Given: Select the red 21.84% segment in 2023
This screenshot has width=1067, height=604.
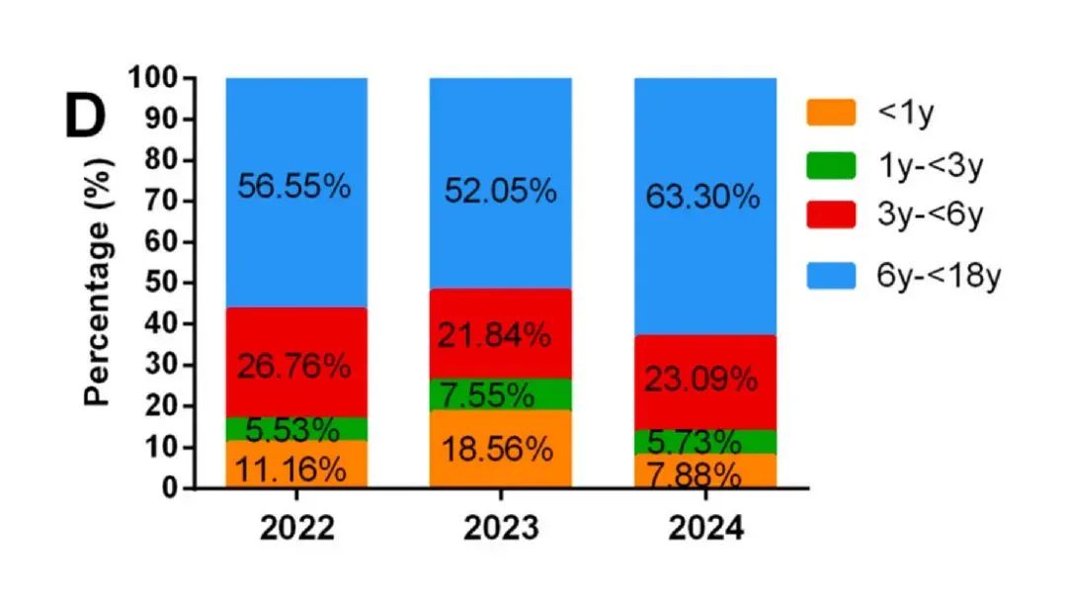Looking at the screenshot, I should coord(500,334).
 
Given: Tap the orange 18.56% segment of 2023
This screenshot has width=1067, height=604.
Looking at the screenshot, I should coord(500,450).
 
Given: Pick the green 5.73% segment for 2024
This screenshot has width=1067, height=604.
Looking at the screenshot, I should coord(704,441).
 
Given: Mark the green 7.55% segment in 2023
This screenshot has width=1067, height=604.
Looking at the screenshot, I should coord(500,394).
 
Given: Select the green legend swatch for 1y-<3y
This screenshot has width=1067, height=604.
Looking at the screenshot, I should coord(830,166).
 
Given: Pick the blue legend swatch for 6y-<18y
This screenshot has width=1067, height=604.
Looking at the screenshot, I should coord(830,276).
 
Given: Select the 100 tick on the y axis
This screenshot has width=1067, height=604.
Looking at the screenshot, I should coord(154,78).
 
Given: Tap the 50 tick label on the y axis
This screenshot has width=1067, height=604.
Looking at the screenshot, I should coord(161,283).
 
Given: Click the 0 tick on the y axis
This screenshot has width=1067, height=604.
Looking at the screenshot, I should coord(171,488).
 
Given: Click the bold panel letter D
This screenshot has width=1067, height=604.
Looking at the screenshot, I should coord(85,117).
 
